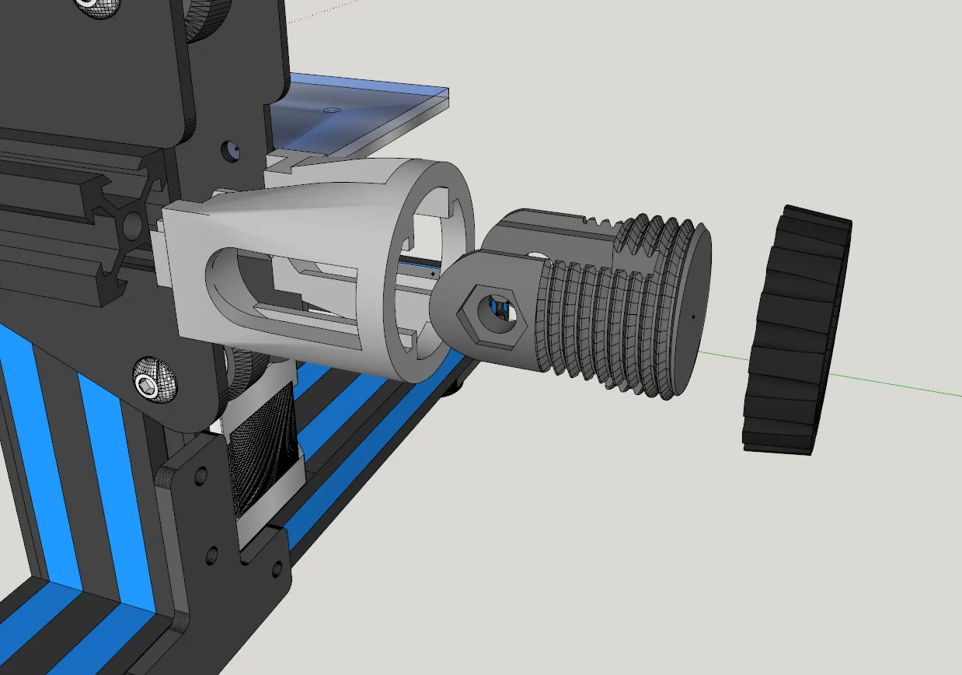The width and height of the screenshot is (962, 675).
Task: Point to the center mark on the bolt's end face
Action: [692, 317]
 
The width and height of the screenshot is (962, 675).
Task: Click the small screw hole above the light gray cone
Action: [231, 148]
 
